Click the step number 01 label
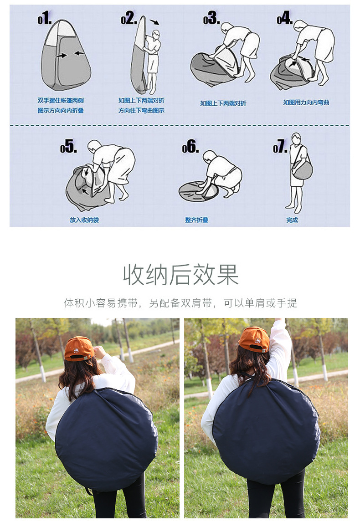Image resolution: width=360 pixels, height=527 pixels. click(45, 20)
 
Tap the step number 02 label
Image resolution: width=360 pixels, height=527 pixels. click(129, 19)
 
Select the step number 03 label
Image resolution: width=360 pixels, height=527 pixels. click(211, 19)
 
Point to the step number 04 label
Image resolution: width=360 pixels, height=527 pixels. click(284, 19)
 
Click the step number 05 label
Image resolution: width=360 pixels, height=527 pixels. click(68, 147)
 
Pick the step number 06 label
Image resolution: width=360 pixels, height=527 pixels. click(190, 147)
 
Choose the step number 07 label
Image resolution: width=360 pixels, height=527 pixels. click(280, 147)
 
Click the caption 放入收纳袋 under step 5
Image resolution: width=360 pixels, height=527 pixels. click(84, 220)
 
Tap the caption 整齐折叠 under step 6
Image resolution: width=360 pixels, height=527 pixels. click(196, 220)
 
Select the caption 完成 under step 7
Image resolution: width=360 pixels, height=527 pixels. click(292, 220)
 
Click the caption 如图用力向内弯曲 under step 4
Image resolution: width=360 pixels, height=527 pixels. click(306, 102)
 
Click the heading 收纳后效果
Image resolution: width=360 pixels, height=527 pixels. click(180, 275)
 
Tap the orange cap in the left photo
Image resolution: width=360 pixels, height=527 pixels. click(79, 348)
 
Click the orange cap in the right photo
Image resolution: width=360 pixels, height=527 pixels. click(254, 339)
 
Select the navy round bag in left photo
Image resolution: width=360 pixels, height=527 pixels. click(106, 440)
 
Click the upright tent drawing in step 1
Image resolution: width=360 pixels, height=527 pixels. click(65, 57)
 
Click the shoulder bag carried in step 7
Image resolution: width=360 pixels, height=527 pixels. click(302, 170)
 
